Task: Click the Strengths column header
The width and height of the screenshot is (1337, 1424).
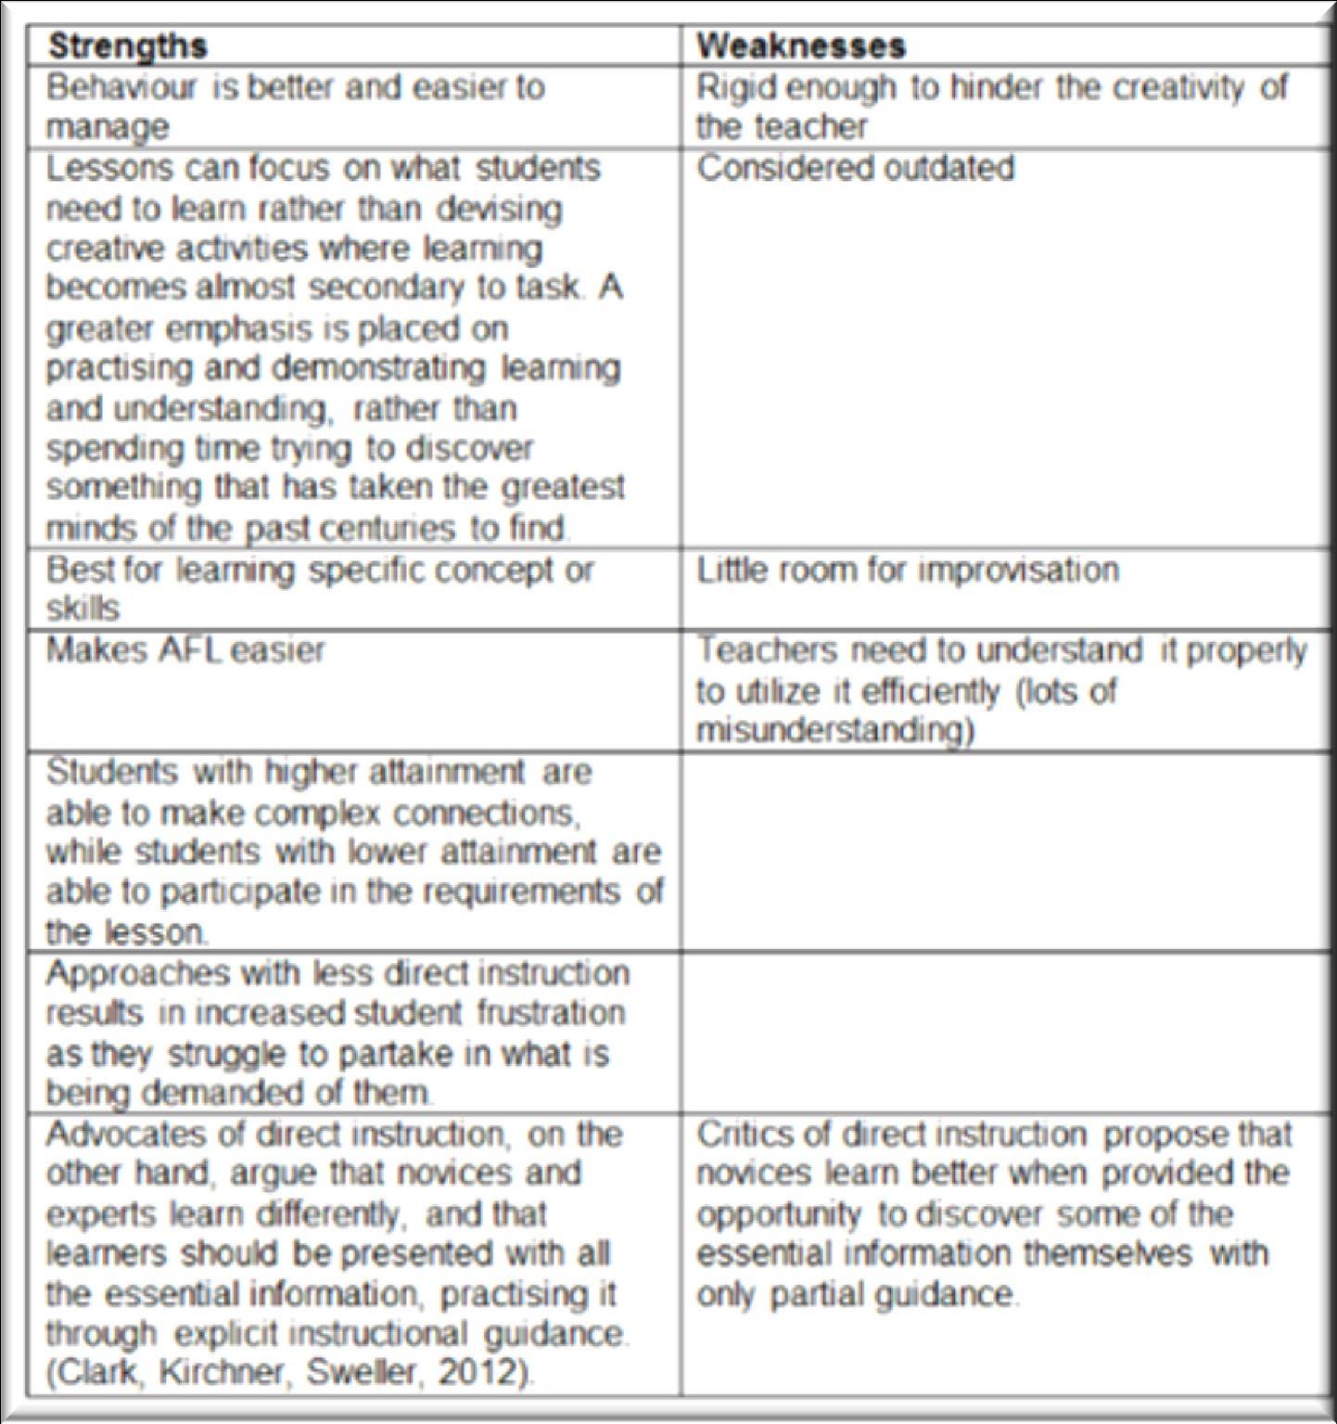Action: pyautogui.click(x=127, y=46)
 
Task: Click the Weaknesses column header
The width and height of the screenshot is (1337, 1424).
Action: pyautogui.click(x=800, y=46)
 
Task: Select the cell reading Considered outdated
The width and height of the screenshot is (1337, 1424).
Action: pyautogui.click(x=855, y=169)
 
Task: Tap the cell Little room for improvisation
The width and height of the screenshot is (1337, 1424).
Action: pyautogui.click(x=907, y=570)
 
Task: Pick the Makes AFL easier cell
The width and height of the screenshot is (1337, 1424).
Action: pyautogui.click(x=185, y=649)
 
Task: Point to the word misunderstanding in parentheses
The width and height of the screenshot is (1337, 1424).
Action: pyautogui.click(x=834, y=731)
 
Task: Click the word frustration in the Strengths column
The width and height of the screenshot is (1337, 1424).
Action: pyautogui.click(x=551, y=1012)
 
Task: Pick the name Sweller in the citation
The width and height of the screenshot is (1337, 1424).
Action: pyautogui.click(x=362, y=1372)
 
